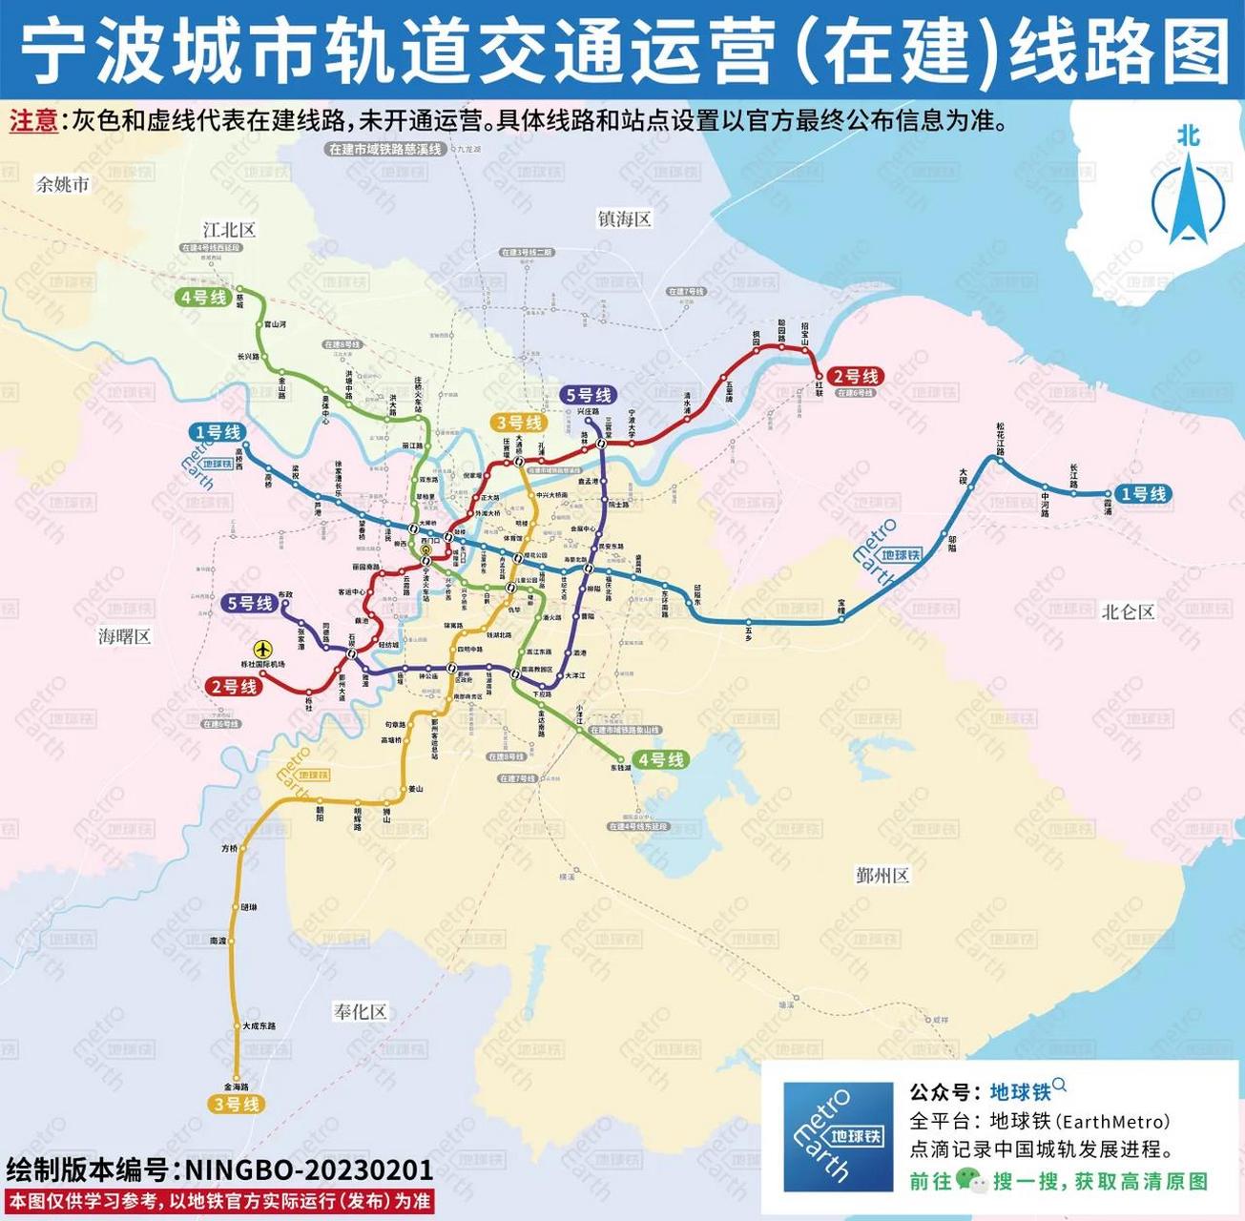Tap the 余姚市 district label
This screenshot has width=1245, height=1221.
point(62,184)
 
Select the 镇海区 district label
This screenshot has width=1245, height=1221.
point(624,218)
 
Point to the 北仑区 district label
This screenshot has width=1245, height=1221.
point(1128,611)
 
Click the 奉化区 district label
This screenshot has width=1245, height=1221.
point(360,1011)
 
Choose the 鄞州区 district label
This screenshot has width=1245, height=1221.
point(882,875)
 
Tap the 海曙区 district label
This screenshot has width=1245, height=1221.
point(124,636)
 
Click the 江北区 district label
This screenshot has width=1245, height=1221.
point(229,230)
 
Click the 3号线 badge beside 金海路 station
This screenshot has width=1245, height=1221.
point(235,1104)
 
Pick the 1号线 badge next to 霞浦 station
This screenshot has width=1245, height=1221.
point(1144,494)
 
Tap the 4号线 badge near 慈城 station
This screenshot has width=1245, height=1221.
point(203,298)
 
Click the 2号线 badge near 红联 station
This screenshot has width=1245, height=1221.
point(856,377)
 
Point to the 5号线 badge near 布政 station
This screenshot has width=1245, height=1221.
point(250,603)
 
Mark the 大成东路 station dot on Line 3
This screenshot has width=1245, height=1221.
point(237,1025)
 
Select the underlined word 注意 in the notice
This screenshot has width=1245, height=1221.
point(33,121)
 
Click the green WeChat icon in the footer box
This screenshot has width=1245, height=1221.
point(970,1181)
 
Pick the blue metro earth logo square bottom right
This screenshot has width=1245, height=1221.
point(838,1136)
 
